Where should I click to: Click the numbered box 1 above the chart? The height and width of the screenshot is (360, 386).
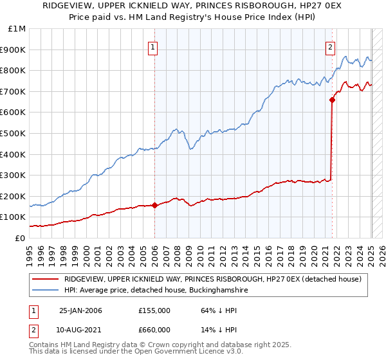pos(154,46)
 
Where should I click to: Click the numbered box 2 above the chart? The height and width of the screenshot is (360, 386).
pos(330,46)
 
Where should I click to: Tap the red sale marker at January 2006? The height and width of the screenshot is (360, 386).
pos(154,206)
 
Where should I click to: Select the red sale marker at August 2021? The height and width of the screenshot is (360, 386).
pos(332,100)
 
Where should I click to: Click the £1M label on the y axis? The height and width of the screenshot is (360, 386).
pos(17,29)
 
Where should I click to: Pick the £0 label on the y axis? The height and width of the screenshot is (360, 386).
pos(21,238)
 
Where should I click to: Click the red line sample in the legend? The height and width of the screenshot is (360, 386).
pos(45,279)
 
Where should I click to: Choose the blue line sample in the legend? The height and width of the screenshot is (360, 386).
pos(45,291)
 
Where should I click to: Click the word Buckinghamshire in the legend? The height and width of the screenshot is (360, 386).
pos(211,291)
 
